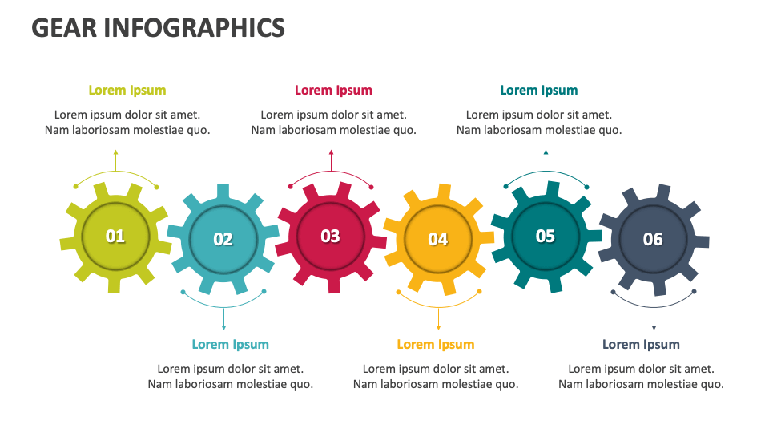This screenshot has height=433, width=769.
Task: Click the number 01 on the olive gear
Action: coord(115,236)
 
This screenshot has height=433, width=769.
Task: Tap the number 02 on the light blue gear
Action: coord(223,239)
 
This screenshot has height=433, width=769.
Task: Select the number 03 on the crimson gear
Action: coord(330,236)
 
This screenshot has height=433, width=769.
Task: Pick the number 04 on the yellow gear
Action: coord(437,239)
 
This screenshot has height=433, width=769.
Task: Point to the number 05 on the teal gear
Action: coord(545,236)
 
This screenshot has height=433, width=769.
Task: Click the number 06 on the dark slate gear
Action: coord(653,239)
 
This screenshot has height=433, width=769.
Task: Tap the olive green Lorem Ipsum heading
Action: coord(127,91)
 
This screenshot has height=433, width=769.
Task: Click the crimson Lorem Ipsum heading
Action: coord(333,91)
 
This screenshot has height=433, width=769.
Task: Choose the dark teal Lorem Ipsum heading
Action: coord(538,91)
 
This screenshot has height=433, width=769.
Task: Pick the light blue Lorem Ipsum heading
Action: coord(230,345)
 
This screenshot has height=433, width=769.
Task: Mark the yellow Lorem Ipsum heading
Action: coord(436,345)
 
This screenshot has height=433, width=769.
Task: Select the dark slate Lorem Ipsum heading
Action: coord(641,345)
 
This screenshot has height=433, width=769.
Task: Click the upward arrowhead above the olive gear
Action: coord(116,152)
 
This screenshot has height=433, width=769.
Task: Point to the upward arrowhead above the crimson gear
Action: coord(331,152)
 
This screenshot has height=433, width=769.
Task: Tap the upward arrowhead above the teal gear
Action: coord(546,152)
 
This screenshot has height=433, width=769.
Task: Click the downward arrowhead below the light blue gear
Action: coord(223,327)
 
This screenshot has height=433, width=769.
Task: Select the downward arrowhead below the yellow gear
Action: coord(438,327)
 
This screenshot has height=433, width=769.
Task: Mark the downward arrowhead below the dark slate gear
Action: coord(654,327)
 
